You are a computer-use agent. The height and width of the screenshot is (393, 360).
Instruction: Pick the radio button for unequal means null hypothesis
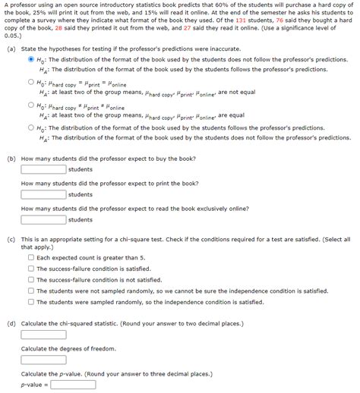pyautogui.click(x=30, y=105)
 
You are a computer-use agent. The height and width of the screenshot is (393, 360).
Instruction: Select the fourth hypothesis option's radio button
pyautogui.click(x=30, y=128)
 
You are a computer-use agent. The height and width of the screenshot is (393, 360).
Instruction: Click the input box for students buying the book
pyautogui.click(x=43, y=169)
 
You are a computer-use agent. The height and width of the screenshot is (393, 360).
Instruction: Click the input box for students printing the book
pyautogui.click(x=43, y=194)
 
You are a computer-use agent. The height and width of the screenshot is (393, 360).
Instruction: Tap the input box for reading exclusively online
pyautogui.click(x=43, y=219)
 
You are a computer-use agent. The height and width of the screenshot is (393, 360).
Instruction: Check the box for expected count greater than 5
pyautogui.click(x=31, y=257)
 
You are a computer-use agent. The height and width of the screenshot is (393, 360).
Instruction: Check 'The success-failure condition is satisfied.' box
pyautogui.click(x=31, y=268)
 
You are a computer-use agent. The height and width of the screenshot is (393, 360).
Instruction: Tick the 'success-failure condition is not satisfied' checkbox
pyautogui.click(x=31, y=279)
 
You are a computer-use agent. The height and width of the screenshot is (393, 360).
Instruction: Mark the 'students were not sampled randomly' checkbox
pyautogui.click(x=31, y=291)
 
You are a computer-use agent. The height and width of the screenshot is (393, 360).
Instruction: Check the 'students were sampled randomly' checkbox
pyautogui.click(x=31, y=301)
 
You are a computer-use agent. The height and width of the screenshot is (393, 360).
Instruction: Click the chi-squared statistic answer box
pyautogui.click(x=43, y=335)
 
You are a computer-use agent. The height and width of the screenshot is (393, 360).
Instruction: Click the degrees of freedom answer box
pyautogui.click(x=43, y=360)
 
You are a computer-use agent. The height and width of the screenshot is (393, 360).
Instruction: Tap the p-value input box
pyautogui.click(x=73, y=385)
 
